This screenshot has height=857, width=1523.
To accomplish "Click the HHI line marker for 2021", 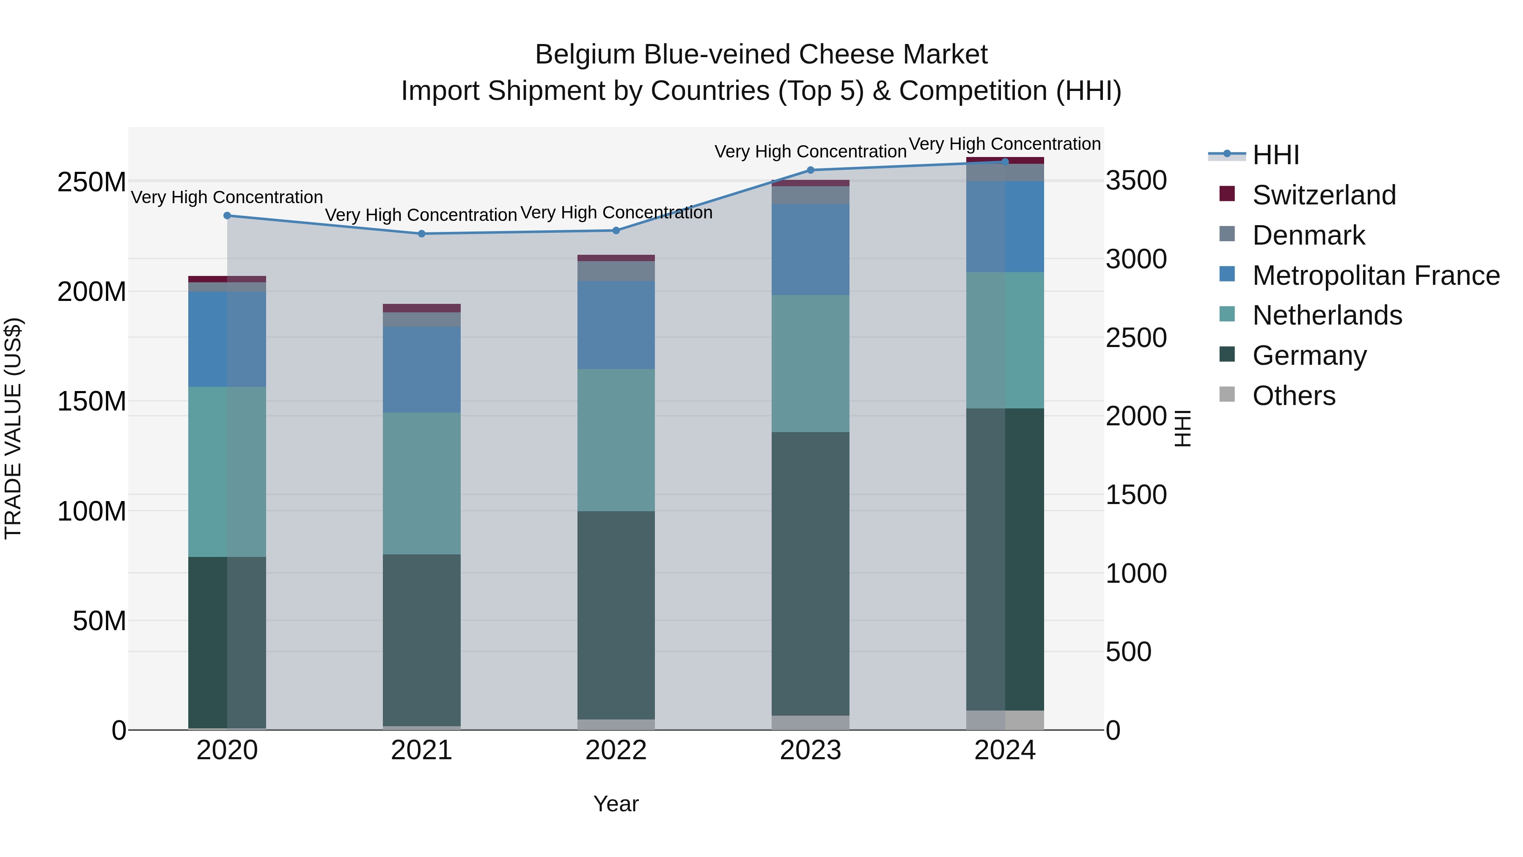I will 421,234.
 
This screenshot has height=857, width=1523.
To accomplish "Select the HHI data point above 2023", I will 811,170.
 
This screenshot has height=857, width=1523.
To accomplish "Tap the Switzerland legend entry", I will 1324,195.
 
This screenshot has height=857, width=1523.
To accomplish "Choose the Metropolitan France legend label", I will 1376,276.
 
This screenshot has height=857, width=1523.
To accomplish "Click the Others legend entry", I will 1294,396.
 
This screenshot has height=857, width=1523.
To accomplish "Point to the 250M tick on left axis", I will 92,182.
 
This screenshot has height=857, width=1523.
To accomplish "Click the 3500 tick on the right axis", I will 1136,181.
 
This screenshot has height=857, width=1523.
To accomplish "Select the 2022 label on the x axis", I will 616,750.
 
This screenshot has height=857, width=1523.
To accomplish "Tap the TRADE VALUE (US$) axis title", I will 13,428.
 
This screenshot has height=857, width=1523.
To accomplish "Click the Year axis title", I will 616,804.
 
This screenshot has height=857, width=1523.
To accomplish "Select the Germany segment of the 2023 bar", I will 811,574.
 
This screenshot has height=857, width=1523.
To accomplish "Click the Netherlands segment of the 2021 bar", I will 421,483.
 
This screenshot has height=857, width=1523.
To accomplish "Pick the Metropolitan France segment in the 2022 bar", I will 616,325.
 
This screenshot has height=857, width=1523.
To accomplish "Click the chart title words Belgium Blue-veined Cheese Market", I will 761,55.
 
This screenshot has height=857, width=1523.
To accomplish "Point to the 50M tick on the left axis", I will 99,621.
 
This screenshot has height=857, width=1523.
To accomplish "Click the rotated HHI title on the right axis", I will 1182,428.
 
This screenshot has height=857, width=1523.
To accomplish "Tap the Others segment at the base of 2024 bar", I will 1005,720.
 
